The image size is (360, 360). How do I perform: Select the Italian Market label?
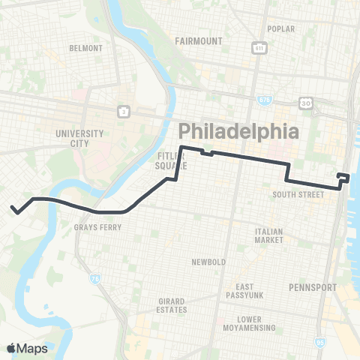coord(268,235)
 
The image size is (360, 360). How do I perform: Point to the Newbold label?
coord(207,262)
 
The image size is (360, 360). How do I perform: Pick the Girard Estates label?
coord(172,305)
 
